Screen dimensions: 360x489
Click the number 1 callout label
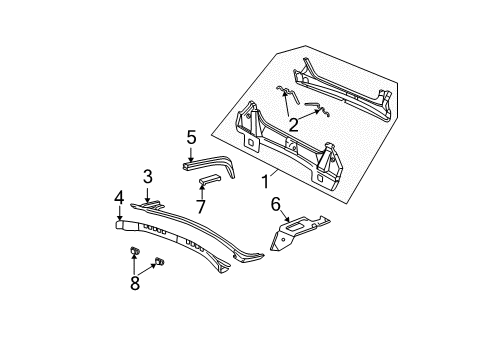click(x=266, y=184)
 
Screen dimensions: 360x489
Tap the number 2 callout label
click(x=292, y=125)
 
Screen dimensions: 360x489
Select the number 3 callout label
click(x=147, y=177)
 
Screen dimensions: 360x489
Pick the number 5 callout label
click(x=191, y=137)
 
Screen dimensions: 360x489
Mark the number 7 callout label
click(x=201, y=206)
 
